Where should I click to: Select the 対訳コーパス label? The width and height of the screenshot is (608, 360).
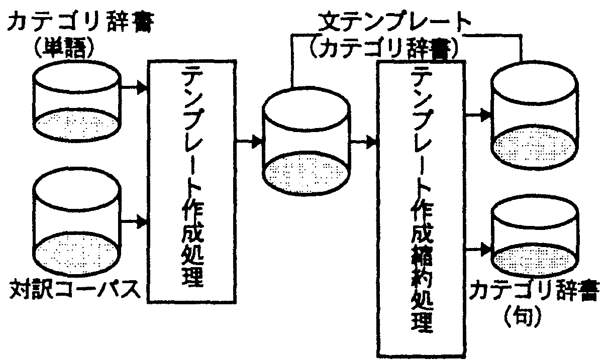74,290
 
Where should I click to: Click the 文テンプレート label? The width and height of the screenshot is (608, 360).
396,23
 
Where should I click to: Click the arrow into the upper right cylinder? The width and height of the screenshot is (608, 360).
477,115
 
